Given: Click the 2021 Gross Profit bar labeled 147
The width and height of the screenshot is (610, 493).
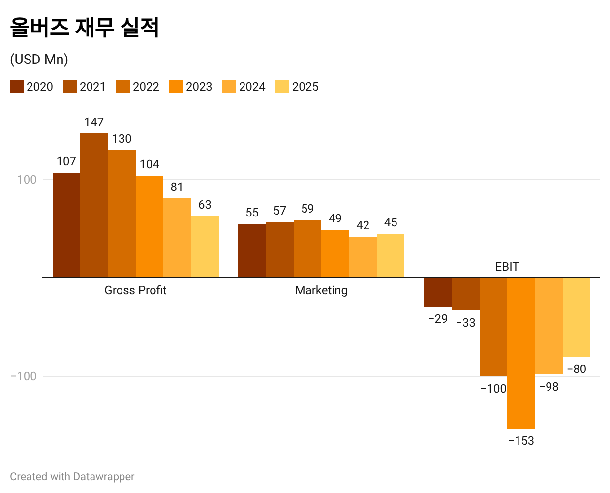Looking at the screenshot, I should [x=94, y=205].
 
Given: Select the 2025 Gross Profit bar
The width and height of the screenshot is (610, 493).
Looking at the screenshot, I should [x=205, y=246].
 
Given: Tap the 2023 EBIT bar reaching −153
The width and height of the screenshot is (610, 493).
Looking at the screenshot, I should [x=521, y=353].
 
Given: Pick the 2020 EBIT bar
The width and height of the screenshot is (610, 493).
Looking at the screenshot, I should [x=438, y=292].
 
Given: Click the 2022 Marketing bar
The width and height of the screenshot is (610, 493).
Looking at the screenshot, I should [x=307, y=248].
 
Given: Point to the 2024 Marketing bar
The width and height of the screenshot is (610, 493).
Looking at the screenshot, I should [x=363, y=257].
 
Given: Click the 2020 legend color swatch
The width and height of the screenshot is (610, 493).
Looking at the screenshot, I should [x=17, y=87].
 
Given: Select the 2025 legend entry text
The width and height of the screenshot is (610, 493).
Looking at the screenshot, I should [x=305, y=87].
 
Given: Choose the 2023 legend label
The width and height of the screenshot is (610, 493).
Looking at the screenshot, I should [x=199, y=87].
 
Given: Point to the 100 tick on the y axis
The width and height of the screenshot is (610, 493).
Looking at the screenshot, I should [x=27, y=180].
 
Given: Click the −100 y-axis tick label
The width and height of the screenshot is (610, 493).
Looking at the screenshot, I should [x=24, y=376].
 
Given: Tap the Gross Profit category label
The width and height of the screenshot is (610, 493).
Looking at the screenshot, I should [x=135, y=290].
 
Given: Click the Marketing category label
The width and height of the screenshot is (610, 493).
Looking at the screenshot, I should [x=321, y=290].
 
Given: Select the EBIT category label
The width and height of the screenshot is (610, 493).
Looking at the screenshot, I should [x=507, y=267].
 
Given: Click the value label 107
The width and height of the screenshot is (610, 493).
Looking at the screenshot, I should [x=66, y=161].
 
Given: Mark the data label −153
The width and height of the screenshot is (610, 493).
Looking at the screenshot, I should [x=521, y=441].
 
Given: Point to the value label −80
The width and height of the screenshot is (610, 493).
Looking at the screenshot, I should [x=577, y=369].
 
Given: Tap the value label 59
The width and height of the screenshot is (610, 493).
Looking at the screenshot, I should [x=307, y=209].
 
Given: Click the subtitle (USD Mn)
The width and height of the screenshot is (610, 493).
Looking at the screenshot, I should [x=39, y=60].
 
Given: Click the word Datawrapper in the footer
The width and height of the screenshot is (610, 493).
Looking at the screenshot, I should [x=103, y=477].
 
